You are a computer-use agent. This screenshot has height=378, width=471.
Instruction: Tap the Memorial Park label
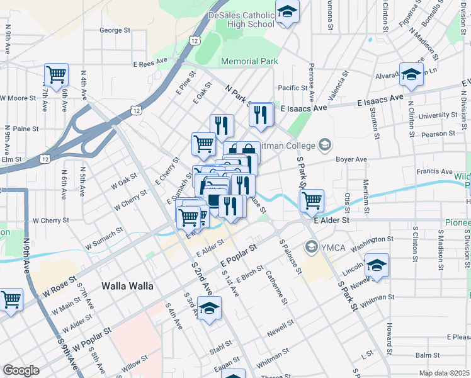tap(250, 61)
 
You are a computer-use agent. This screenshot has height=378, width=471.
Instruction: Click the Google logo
tap(21, 370)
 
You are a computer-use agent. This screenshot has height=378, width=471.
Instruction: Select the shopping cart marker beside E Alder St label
tap(312, 201)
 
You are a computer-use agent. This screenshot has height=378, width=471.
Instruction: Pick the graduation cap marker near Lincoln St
tap(377, 265)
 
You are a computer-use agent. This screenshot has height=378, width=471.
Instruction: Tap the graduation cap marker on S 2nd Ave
tap(210, 308)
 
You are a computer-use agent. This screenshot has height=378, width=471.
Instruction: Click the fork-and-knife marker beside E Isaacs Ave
tap(259, 114)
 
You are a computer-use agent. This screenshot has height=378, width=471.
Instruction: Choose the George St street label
tap(115, 30)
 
